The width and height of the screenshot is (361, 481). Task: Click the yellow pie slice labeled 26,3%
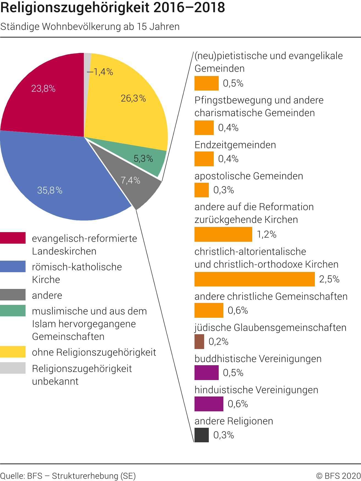pyautogui.click(x=129, y=110)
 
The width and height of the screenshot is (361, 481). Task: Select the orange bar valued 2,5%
pyautogui.click(x=254, y=279)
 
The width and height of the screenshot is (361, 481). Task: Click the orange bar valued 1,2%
pyautogui.click(x=223, y=235)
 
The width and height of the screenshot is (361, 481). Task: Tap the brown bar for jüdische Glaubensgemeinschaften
pyautogui.click(x=199, y=342)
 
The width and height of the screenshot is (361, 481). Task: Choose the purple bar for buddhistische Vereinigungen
pyautogui.click(x=206, y=373)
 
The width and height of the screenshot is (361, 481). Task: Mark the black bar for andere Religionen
pyautogui.click(x=201, y=435)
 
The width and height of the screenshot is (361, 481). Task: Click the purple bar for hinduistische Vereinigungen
pyautogui.click(x=209, y=404)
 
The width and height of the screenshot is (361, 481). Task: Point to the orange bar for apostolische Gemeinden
pyautogui.click(x=201, y=190)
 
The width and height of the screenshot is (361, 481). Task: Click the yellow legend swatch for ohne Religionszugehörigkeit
pyautogui.click(x=13, y=352)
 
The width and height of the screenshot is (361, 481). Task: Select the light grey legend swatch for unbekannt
pyautogui.click(x=13, y=368)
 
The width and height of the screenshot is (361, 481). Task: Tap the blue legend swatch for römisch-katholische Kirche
pyautogui.click(x=13, y=266)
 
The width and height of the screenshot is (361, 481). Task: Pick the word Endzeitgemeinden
pyautogui.click(x=235, y=145)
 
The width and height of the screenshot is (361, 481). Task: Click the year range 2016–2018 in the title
pyautogui.click(x=189, y=8)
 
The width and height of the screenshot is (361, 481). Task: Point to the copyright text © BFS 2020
pyautogui.click(x=338, y=476)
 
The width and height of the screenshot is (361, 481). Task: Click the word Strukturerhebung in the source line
pyautogui.click(x=85, y=476)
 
